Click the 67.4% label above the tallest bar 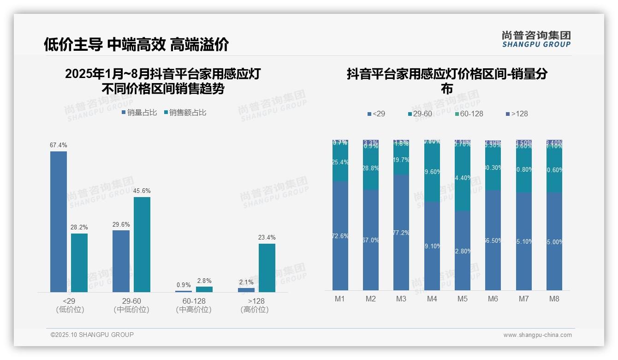click(x=59, y=145)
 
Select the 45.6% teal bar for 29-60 click(x=142, y=245)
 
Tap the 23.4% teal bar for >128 click(x=267, y=268)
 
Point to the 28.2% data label click(x=79, y=227)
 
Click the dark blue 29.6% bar click(x=121, y=261)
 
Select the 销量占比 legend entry click(x=139, y=112)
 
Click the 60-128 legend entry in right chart click(x=469, y=114)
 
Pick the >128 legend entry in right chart click(x=517, y=114)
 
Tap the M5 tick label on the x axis click(x=463, y=299)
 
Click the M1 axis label click(x=340, y=299)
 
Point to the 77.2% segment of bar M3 click(x=401, y=232)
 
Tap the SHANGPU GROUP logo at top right click(x=536, y=39)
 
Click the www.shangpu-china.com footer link click(x=537, y=335)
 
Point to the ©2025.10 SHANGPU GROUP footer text click(x=92, y=335)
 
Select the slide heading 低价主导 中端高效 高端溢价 click(x=137, y=44)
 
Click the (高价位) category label click(x=255, y=310)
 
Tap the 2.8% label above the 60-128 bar click(x=204, y=281)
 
